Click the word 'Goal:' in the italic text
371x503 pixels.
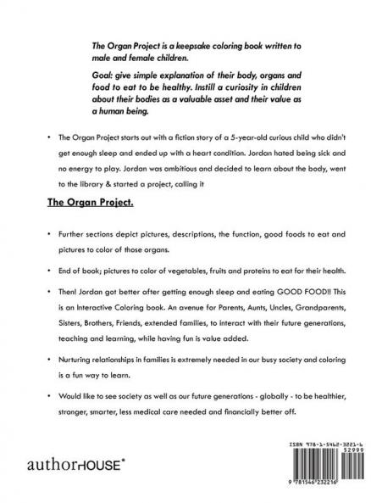pyautogui.click(x=106, y=75)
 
